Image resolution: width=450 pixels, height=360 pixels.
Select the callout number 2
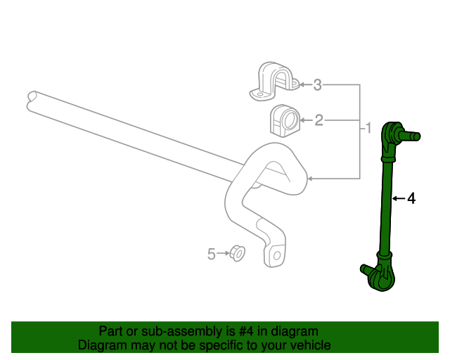(x=319, y=121)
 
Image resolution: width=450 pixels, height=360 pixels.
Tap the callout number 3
(x=318, y=85)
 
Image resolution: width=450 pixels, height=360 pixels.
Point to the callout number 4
(x=411, y=199)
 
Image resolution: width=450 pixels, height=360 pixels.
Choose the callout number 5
(x=212, y=254)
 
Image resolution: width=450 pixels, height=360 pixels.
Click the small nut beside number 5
(x=237, y=252)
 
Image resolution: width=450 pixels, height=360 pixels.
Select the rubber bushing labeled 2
(x=284, y=121)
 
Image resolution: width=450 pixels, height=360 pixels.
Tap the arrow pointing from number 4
(x=397, y=199)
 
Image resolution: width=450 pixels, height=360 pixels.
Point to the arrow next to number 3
(x=304, y=85)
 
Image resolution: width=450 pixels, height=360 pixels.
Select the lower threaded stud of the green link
(x=366, y=269)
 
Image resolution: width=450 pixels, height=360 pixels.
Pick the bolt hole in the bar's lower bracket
(x=277, y=255)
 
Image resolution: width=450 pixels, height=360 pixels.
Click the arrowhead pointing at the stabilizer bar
(x=309, y=180)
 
